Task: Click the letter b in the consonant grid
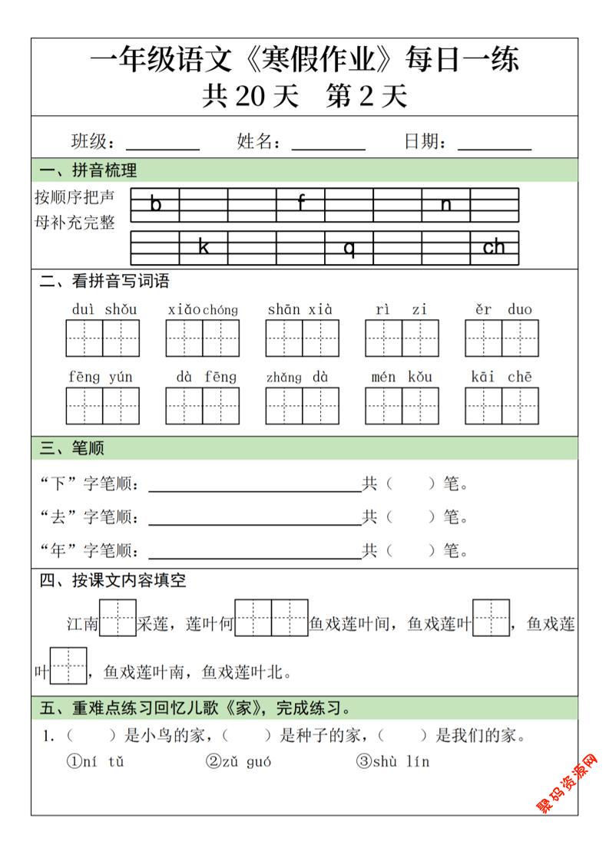pyautogui.click(x=156, y=204)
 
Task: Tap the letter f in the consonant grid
pyautogui.click(x=301, y=203)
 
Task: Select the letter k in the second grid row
pyautogui.click(x=204, y=247)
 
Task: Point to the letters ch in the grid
pyautogui.click(x=494, y=247)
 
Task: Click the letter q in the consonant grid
pyautogui.click(x=349, y=248)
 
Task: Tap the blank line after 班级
pyautogui.click(x=162, y=144)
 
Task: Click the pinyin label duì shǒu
pyautogui.click(x=104, y=310)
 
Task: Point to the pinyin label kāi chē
pyautogui.click(x=501, y=377)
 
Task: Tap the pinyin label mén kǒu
pyautogui.click(x=402, y=377)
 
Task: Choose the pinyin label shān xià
pyautogui.click(x=300, y=310)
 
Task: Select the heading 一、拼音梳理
pyautogui.click(x=88, y=170)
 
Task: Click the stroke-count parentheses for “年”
pyautogui.click(x=411, y=551)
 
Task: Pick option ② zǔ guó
pyautogui.click(x=238, y=762)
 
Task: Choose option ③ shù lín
pyautogui.click(x=392, y=762)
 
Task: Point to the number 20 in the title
pyautogui.click(x=250, y=97)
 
